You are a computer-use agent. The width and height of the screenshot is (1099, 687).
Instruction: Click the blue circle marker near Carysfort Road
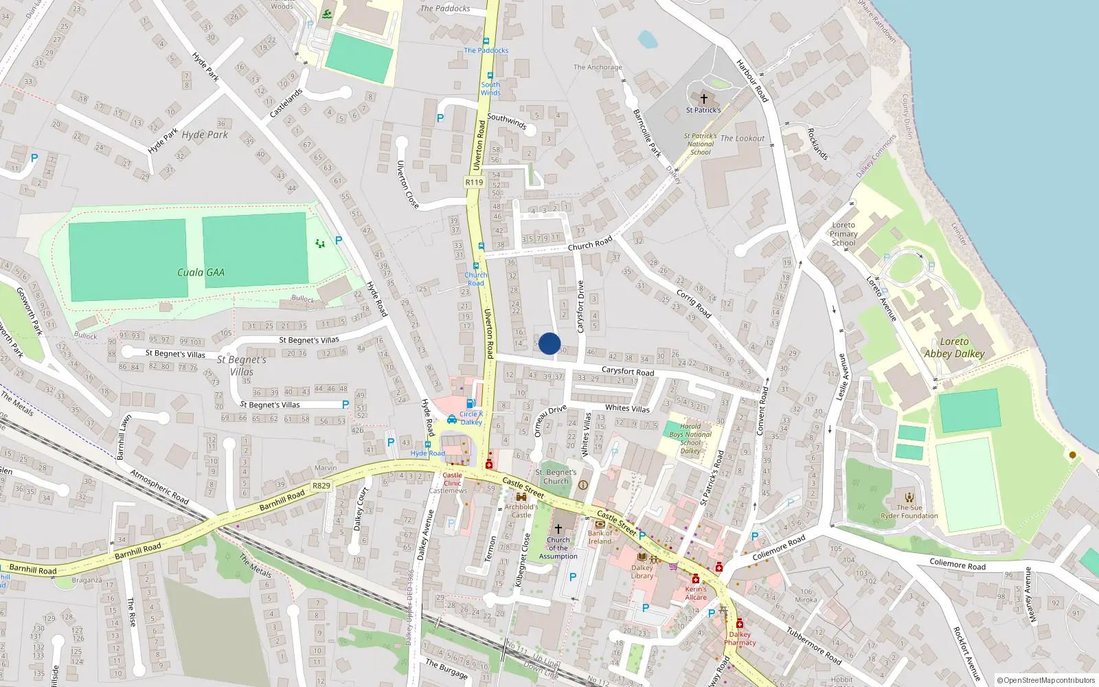click(x=549, y=343)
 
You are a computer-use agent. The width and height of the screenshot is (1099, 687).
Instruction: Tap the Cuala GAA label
click(x=201, y=273)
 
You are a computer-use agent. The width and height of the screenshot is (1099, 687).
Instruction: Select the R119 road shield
click(x=474, y=182)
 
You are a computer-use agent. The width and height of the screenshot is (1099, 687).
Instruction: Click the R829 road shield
click(x=321, y=486)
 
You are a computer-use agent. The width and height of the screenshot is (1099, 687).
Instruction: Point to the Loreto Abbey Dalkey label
click(x=954, y=348)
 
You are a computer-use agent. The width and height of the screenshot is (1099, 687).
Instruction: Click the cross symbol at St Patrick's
click(x=703, y=99)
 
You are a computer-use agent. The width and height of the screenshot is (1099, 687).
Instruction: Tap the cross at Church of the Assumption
click(x=558, y=528)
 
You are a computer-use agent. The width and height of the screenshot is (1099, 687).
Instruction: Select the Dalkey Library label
click(x=642, y=572)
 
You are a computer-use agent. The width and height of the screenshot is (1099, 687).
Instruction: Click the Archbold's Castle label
click(x=521, y=511)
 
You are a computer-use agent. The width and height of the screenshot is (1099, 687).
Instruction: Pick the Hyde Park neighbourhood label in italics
click(x=205, y=135)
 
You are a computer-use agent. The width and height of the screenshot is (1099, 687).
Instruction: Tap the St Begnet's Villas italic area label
click(x=241, y=365)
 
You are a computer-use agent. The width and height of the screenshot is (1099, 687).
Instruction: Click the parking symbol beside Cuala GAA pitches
click(x=339, y=240)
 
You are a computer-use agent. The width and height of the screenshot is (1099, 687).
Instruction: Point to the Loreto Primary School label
click(x=843, y=234)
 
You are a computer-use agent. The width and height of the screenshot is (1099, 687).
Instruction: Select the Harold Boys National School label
click(x=690, y=438)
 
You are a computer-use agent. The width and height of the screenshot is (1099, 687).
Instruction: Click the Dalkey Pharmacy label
click(x=740, y=639)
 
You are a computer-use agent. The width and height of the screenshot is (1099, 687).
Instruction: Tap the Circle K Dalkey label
click(x=471, y=418)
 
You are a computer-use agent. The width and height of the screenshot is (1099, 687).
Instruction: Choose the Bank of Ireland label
click(x=600, y=537)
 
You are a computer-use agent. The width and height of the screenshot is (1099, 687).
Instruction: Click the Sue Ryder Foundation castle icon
click(x=909, y=497)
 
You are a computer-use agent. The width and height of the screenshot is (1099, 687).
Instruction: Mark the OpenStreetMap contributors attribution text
click(x=1046, y=681)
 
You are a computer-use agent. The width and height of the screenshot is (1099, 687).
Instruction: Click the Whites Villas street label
click(x=627, y=408)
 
